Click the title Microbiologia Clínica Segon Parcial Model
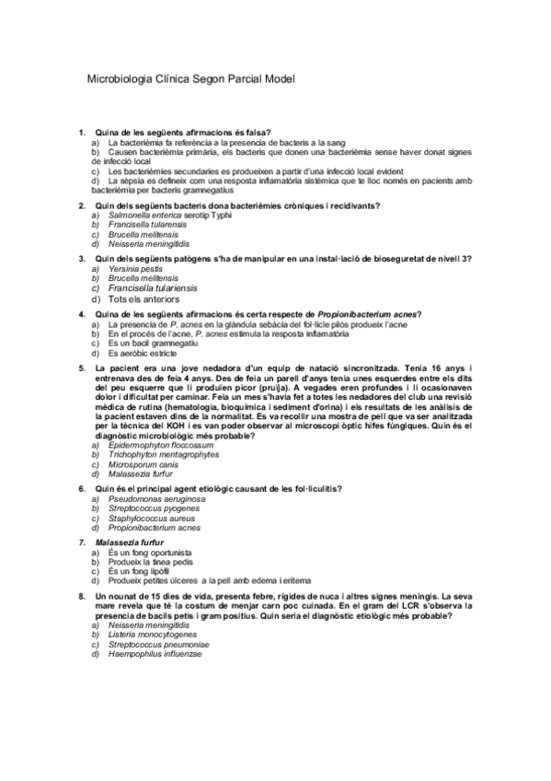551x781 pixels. (x=189, y=79)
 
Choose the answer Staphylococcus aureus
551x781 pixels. (x=153, y=519)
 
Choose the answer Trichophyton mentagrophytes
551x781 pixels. (x=163, y=454)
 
